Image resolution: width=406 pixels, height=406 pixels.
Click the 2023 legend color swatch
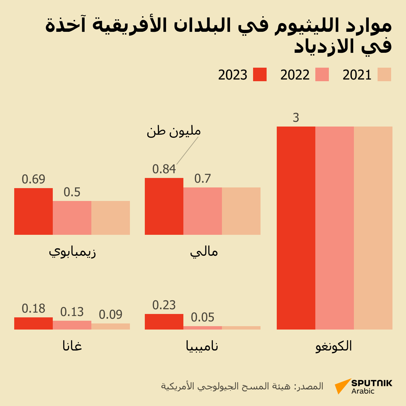[260, 74]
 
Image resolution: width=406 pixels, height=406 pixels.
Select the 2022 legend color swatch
[322, 74]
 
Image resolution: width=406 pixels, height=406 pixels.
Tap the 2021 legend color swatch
[384, 74]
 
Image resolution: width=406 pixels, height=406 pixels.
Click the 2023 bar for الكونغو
[296, 228]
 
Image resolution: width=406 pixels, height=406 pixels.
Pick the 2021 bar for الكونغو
[373, 228]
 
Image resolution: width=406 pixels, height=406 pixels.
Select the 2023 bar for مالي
[164, 206]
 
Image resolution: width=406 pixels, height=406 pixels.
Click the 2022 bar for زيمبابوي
[72, 218]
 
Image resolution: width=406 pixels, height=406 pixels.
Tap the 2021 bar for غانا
[111, 326]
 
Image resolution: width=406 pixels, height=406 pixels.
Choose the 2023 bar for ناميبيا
[164, 322]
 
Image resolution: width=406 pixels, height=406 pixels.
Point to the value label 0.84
[164, 169]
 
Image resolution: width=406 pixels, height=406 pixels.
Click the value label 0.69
[33, 179]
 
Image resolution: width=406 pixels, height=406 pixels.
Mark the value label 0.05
[203, 317]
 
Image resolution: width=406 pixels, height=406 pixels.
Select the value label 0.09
[111, 315]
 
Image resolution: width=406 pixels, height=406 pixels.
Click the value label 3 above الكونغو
[296, 118]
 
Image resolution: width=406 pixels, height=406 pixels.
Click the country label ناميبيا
[202, 346]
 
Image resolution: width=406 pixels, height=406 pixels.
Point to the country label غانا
[72, 346]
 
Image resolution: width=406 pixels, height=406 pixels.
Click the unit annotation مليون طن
[174, 131]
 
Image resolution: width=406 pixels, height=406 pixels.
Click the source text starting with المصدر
[242, 386]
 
